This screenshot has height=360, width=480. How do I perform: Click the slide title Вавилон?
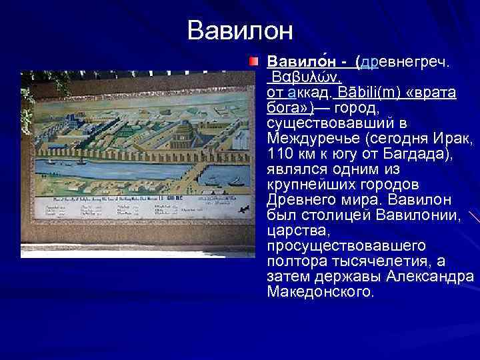coord(240,30)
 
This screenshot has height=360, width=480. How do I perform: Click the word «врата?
coord(434,92)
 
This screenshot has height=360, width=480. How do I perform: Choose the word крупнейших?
coord(309,185)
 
